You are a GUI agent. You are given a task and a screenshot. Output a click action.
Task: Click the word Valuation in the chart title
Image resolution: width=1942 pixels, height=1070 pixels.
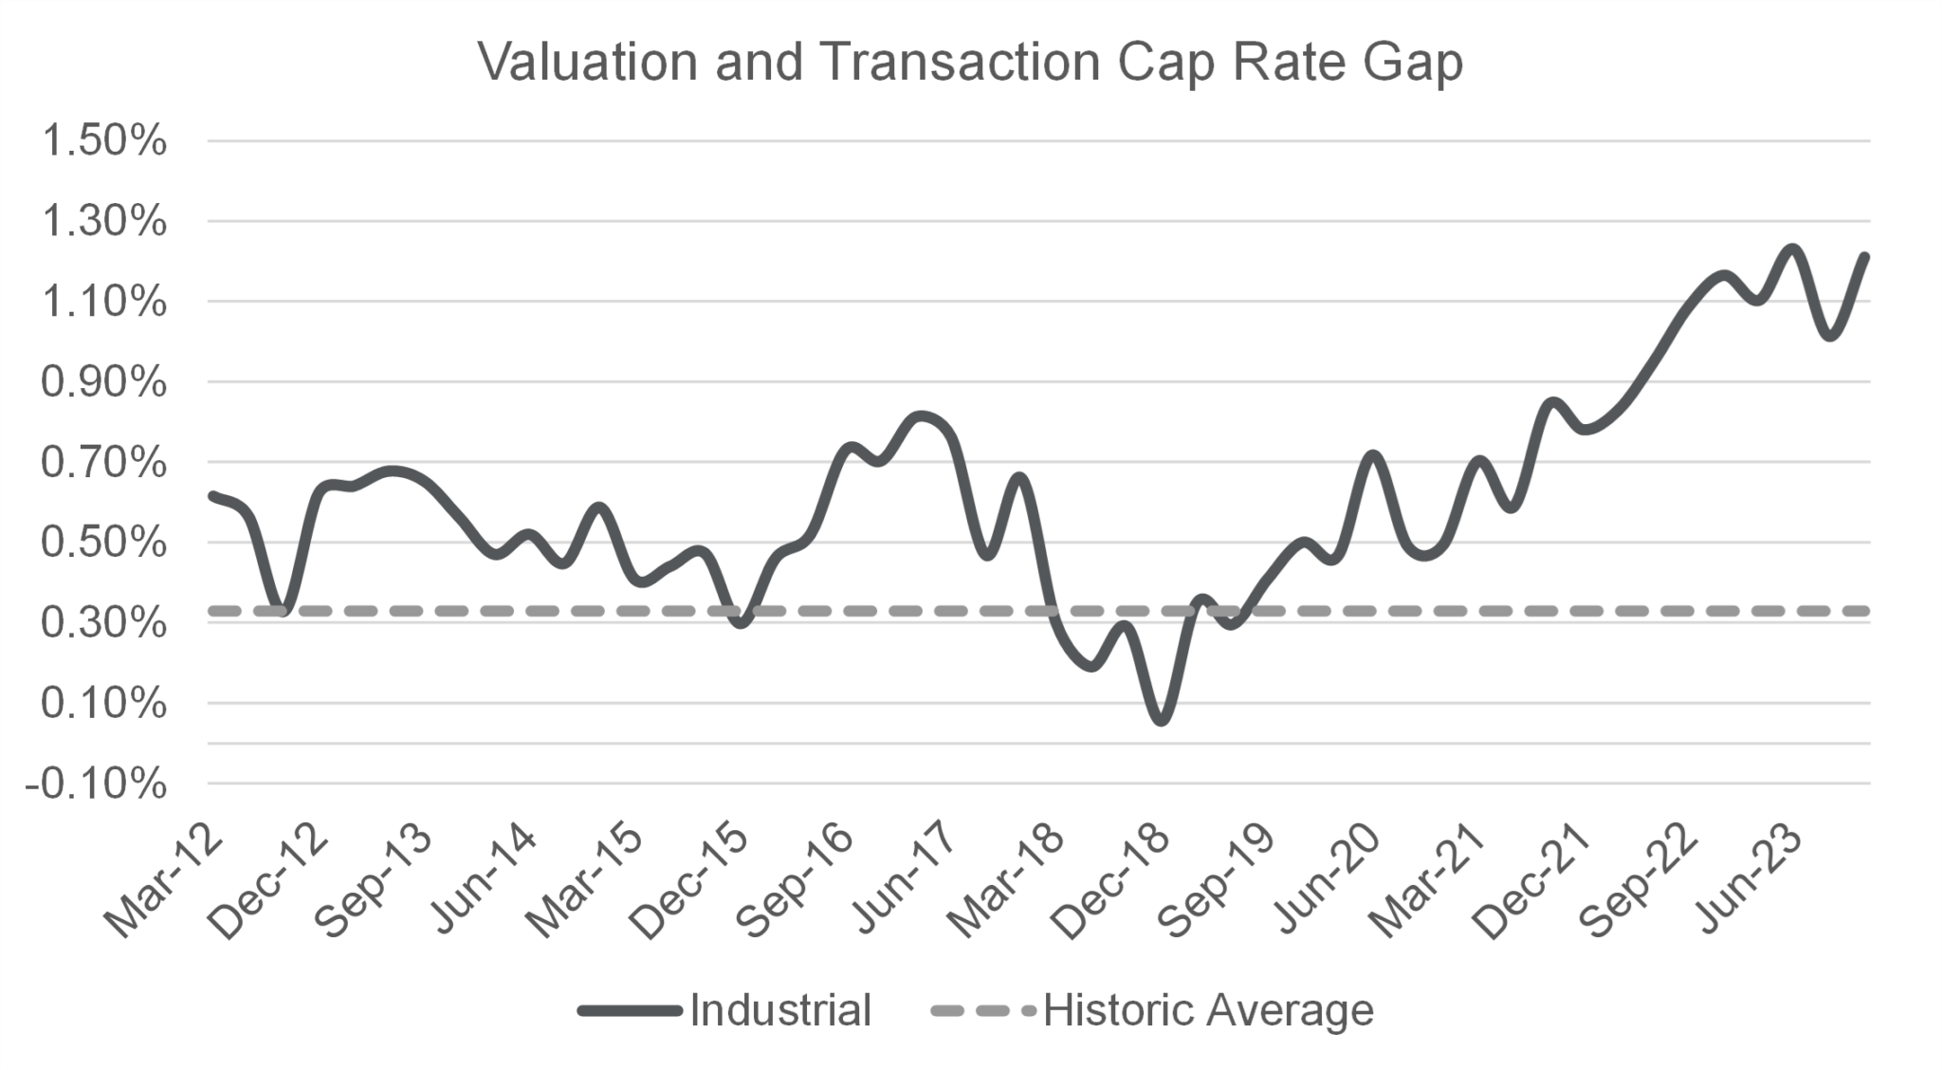point(589,63)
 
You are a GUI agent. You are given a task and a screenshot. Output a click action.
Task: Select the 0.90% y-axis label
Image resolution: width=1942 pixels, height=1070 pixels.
point(104,382)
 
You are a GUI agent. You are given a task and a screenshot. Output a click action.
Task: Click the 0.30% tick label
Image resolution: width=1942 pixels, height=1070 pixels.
point(104,623)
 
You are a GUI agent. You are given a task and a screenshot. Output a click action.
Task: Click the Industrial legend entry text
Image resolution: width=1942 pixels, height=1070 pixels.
point(779,1010)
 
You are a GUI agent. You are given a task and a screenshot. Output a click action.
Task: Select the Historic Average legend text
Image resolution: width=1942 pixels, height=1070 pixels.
point(1207,1010)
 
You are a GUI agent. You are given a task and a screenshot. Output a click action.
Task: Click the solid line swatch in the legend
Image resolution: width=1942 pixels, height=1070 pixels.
point(630,1011)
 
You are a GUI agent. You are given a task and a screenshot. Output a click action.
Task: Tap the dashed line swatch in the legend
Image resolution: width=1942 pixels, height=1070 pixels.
point(982,1011)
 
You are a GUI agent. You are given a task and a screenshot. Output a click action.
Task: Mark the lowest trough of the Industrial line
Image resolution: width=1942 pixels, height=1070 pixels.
point(1162,720)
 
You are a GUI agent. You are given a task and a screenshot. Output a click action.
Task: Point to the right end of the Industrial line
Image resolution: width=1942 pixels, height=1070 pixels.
point(1864,256)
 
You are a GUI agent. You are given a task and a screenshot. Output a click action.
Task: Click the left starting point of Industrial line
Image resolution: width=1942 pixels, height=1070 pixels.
point(212,495)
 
